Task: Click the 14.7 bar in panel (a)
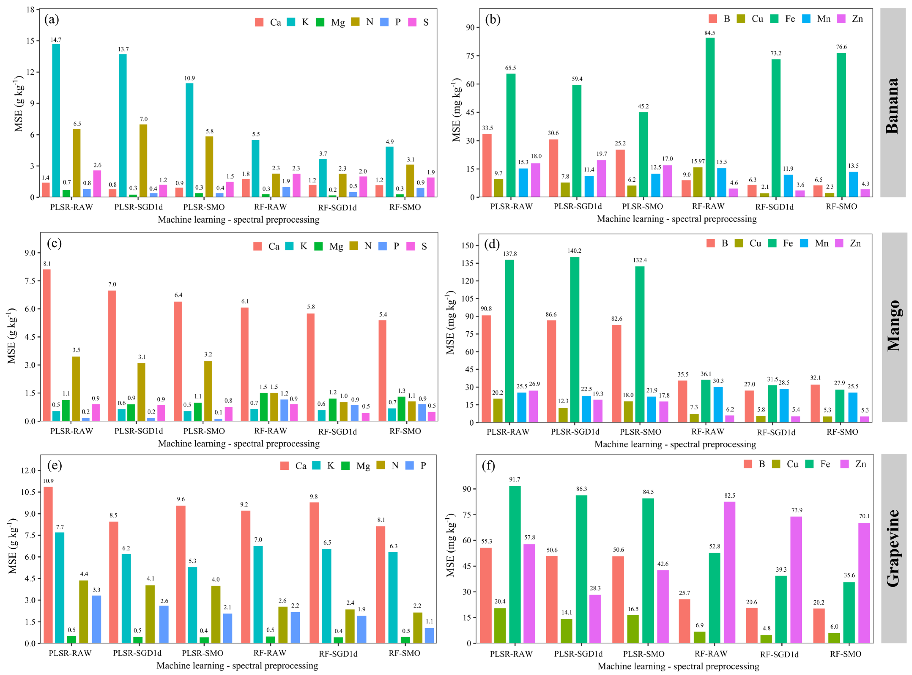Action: click(56, 120)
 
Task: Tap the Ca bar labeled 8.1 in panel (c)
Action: click(47, 345)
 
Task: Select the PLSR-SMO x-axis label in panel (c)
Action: click(204, 431)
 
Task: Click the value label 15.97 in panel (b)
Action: click(698, 161)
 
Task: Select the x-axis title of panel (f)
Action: click(678, 666)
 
